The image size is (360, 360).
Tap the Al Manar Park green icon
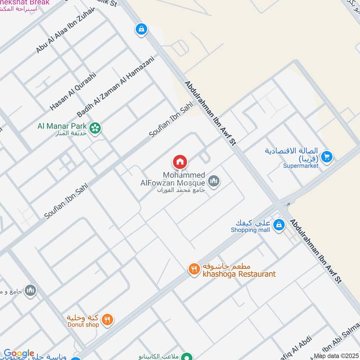(x=95, y=128)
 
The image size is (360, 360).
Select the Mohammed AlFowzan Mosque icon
(x=214, y=181)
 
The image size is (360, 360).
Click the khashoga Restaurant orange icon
(x=194, y=269)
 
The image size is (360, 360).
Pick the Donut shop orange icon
(x=108, y=320)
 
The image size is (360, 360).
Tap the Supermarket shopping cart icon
(x=327, y=157)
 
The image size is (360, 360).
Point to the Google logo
(x=19, y=354)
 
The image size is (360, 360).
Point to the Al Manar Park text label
(x=63, y=126)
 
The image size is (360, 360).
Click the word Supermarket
(x=301, y=166)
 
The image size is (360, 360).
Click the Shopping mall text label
(x=250, y=230)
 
